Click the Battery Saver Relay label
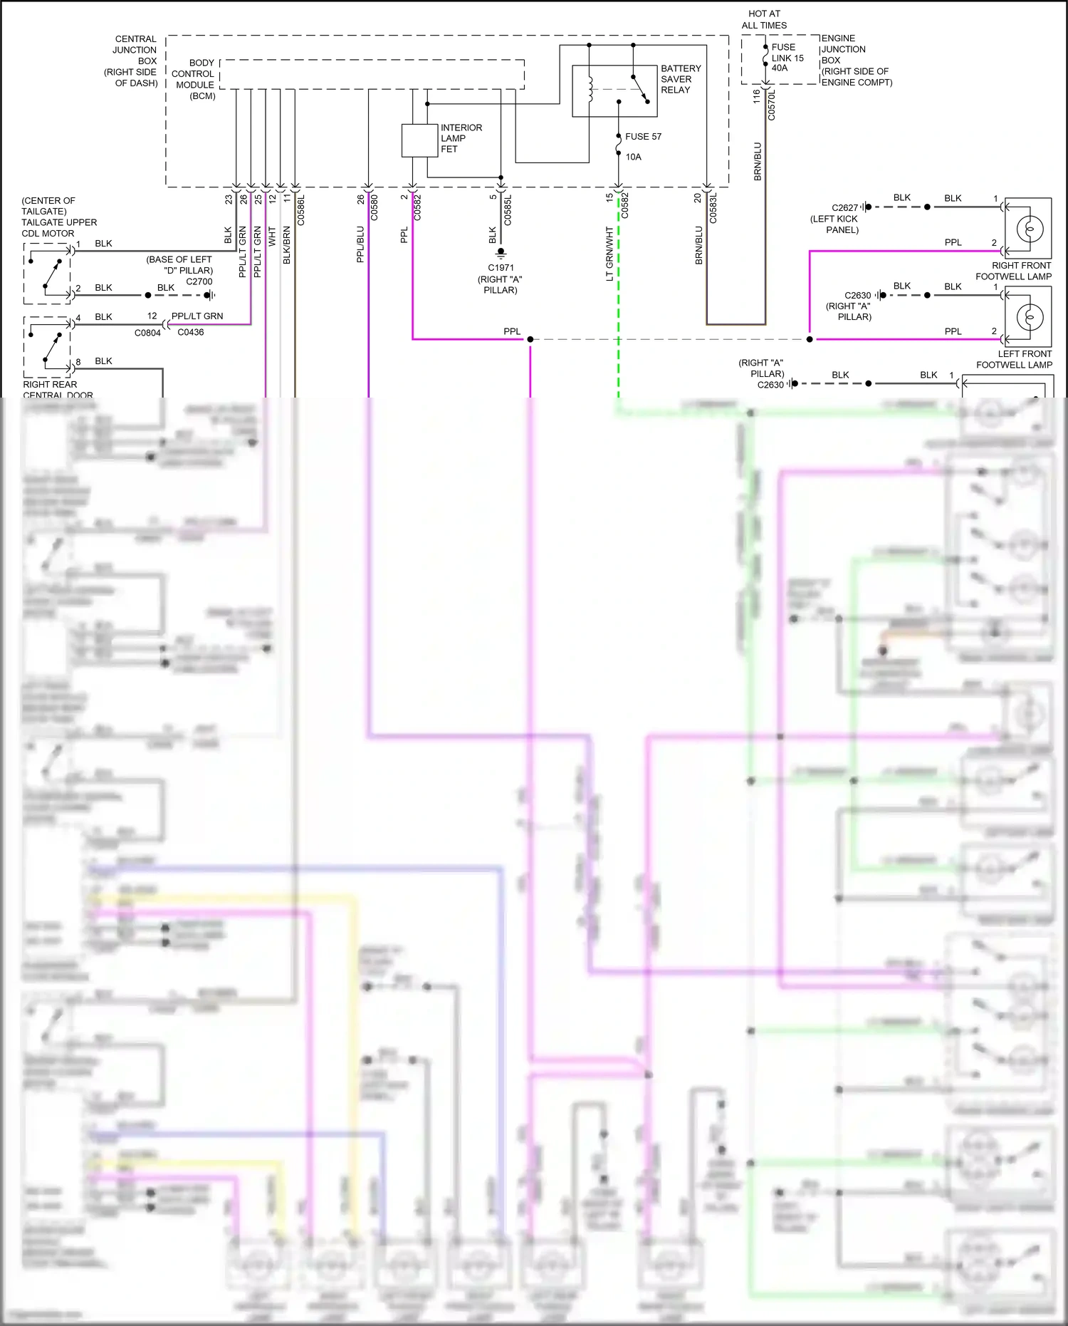[x=680, y=79]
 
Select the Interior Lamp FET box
[x=419, y=140]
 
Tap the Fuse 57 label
[x=643, y=137]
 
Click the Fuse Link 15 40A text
[x=787, y=58]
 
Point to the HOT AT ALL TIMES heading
[x=764, y=19]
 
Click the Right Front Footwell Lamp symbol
[x=1030, y=229]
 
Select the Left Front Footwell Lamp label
[x=1014, y=359]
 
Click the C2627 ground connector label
[x=844, y=208]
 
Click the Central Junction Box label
[x=134, y=61]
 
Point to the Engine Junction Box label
[x=856, y=61]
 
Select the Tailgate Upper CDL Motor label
[x=58, y=217]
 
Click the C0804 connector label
[x=147, y=333]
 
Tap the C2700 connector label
[x=199, y=281]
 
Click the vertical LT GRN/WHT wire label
[x=609, y=254]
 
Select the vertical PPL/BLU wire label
[x=360, y=244]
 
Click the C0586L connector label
[x=300, y=210]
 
